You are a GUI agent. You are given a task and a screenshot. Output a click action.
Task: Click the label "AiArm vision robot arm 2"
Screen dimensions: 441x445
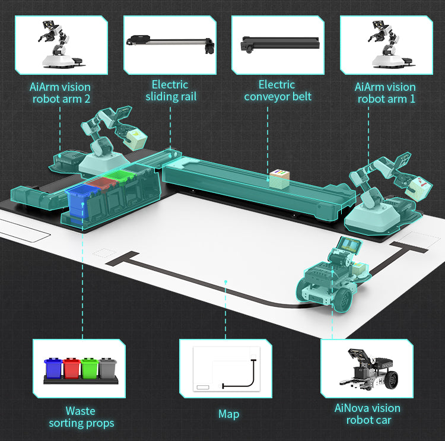[x=60, y=93]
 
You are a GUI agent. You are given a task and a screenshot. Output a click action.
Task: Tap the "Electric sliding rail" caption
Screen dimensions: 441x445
[x=170, y=90]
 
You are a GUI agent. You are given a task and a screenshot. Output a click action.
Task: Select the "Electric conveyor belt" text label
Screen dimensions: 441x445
[x=277, y=90]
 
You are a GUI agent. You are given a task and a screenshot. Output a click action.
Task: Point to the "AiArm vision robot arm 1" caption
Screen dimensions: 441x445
[x=385, y=93]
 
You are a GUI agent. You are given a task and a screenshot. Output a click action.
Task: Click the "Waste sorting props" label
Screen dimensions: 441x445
[x=80, y=417]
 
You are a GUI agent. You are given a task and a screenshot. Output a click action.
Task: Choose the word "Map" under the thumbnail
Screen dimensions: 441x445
[x=228, y=414]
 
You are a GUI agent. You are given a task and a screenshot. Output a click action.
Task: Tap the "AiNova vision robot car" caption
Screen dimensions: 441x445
[x=367, y=414]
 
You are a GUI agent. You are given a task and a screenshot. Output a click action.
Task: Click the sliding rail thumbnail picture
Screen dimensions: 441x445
[x=170, y=45]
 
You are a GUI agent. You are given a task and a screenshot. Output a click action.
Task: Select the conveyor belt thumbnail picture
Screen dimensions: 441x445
[x=277, y=45]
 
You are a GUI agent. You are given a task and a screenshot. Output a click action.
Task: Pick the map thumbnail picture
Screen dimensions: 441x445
[x=225, y=369]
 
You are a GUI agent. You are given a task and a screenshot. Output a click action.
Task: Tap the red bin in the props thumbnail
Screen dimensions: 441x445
[x=71, y=369]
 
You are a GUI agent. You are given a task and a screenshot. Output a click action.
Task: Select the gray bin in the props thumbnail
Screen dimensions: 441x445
[x=107, y=369]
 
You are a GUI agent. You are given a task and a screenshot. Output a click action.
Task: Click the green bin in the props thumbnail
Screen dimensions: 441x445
[x=90, y=369]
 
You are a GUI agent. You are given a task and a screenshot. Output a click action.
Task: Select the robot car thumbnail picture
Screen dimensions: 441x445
[x=367, y=369]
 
